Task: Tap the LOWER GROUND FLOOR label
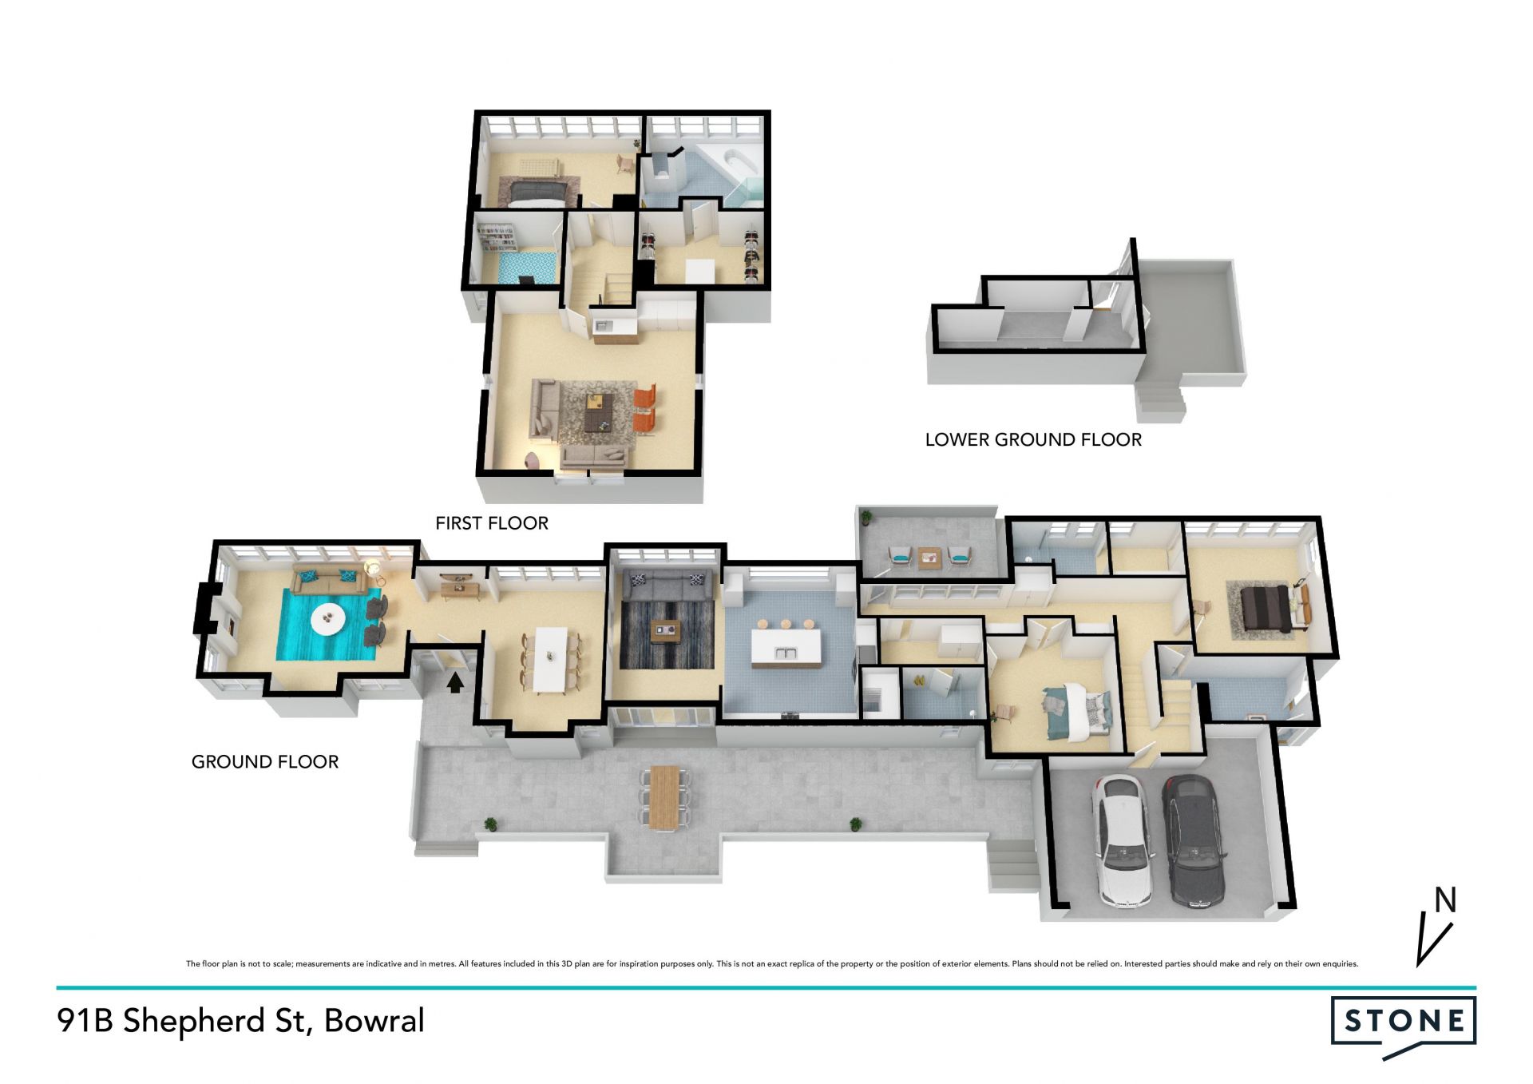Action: pos(1033,440)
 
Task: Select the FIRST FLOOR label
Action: pos(492,523)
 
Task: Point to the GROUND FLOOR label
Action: pos(265,762)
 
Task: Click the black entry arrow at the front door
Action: pos(454,681)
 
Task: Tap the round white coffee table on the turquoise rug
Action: pos(328,619)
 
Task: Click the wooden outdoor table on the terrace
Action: pos(664,797)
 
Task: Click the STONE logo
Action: pos(1404,1026)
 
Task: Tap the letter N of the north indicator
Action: pos(1445,900)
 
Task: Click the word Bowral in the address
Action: pos(374,1021)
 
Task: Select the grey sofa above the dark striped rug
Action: pos(667,587)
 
